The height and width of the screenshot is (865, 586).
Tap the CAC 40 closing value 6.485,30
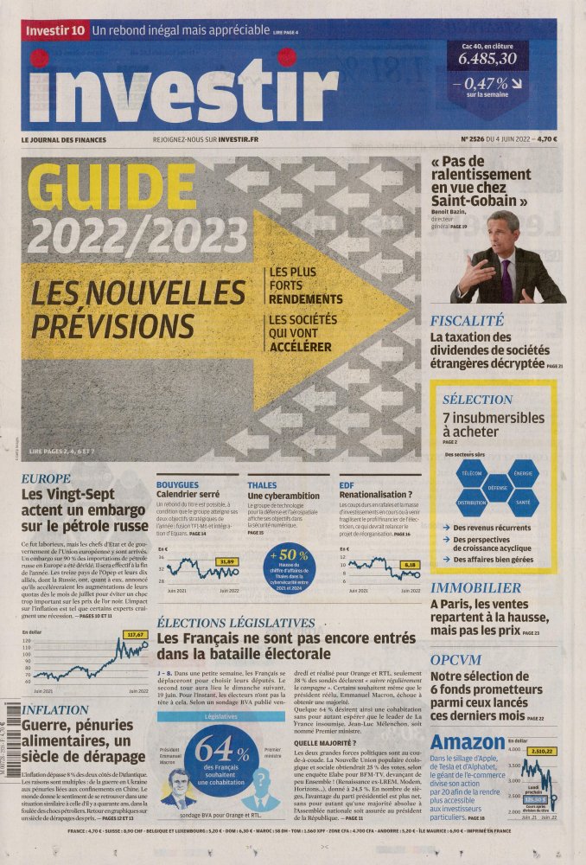tap(487, 59)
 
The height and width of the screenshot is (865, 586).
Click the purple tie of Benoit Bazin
tap(506, 280)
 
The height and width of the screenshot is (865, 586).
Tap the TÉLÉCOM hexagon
tap(472, 474)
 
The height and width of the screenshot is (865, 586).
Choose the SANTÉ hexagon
tap(524, 503)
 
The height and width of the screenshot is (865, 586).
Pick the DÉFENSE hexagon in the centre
tap(498, 488)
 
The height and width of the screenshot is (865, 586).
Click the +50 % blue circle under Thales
tap(289, 567)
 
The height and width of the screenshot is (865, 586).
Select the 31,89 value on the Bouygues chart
tap(226, 561)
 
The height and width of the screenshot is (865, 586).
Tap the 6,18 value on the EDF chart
tap(411, 564)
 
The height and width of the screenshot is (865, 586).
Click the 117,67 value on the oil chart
tap(135, 634)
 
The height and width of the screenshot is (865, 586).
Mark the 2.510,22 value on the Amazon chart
tap(543, 751)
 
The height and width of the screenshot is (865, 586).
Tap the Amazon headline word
tap(467, 742)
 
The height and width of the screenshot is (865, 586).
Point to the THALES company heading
tap(262, 485)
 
